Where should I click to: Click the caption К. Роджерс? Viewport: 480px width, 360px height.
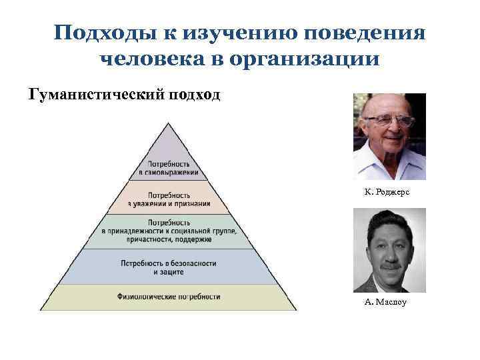(387, 191)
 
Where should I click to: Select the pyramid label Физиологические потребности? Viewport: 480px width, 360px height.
(168, 296)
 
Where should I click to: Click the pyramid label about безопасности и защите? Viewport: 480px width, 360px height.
(169, 267)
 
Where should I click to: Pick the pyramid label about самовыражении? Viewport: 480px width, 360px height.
(169, 168)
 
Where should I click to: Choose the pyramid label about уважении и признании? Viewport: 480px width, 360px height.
(169, 200)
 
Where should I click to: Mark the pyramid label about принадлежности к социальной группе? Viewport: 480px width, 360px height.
(169, 231)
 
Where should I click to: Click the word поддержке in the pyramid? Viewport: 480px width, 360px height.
(209, 239)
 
